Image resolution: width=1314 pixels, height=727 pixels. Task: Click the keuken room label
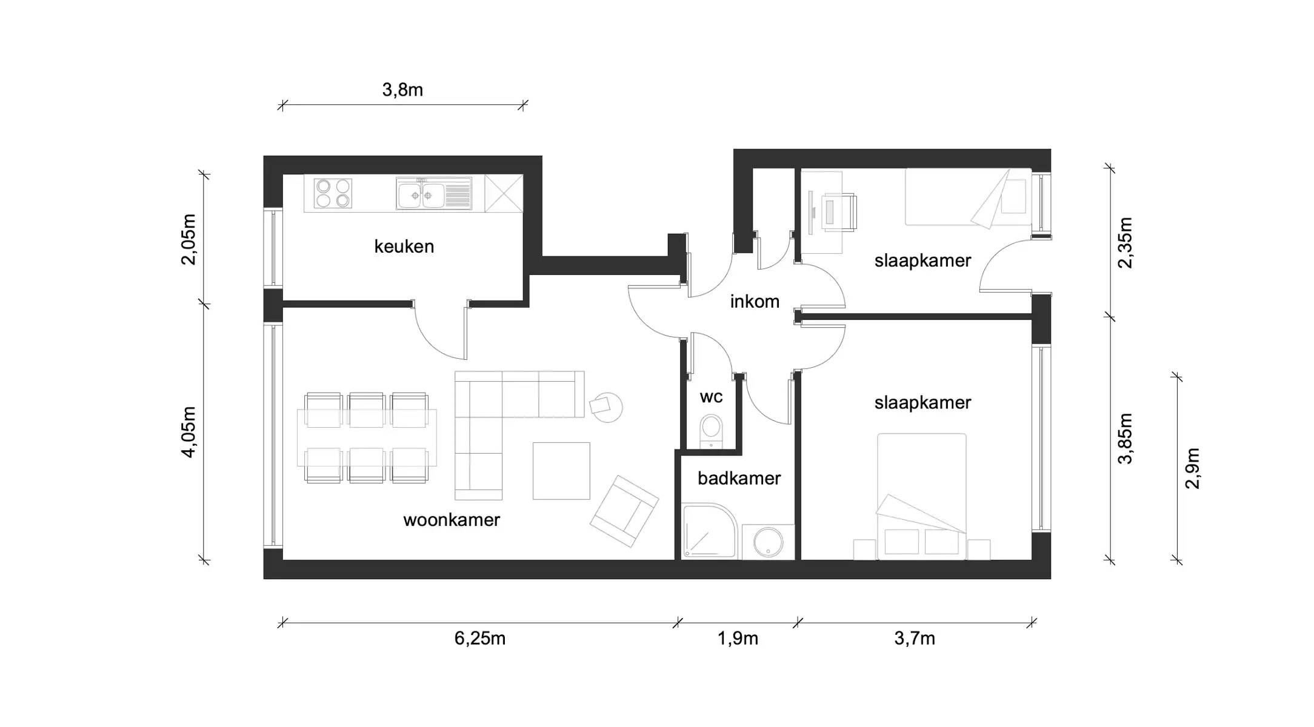[x=404, y=247]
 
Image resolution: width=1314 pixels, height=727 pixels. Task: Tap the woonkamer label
[x=452, y=520]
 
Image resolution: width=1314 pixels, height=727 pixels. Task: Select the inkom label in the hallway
[x=755, y=301]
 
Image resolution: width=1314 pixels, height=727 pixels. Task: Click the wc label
[x=711, y=397]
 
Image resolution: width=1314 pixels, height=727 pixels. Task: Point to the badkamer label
[x=739, y=479]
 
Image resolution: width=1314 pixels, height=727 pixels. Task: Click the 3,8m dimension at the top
[x=402, y=90]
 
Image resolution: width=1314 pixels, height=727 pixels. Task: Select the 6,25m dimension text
[x=479, y=639]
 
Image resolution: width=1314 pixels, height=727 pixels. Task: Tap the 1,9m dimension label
[x=738, y=639]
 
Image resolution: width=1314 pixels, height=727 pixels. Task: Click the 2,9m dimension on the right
[x=1192, y=468]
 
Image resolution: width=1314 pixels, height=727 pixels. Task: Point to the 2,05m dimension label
[x=188, y=239]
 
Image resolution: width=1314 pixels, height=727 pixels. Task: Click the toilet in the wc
[x=711, y=430]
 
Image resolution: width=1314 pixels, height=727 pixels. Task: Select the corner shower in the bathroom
[x=707, y=531]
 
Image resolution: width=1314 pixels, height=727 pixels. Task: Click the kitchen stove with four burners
[x=333, y=193]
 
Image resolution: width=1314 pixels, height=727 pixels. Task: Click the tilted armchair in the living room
[x=624, y=511]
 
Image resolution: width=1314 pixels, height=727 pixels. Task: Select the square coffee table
[x=561, y=471]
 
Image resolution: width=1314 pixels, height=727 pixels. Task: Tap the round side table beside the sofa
[x=606, y=407]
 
